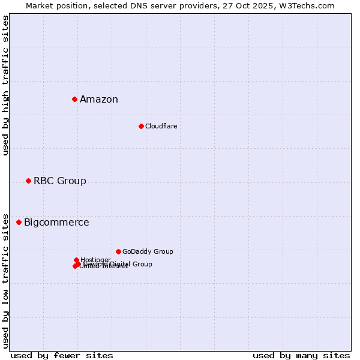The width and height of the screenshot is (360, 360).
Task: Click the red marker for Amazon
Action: [74, 99]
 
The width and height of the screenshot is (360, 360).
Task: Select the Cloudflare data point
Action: [141, 126]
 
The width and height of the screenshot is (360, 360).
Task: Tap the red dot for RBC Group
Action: [28, 181]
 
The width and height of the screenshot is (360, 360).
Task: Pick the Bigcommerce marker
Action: [19, 222]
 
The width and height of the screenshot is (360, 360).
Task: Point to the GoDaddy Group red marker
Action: [118, 251]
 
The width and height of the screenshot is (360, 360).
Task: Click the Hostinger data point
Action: [76, 260]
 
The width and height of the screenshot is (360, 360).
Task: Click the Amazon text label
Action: [99, 100]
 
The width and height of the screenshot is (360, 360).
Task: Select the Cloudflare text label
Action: [161, 126]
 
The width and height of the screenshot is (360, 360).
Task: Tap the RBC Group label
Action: [60, 181]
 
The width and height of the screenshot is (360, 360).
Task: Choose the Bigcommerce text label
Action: [56, 223]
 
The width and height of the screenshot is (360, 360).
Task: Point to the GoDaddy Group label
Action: [148, 252]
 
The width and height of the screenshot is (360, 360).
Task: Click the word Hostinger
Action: [95, 260]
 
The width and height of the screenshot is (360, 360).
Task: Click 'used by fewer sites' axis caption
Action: [62, 355]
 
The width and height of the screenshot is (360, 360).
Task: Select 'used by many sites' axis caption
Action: [301, 355]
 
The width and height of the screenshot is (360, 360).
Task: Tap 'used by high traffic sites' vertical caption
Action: [6, 85]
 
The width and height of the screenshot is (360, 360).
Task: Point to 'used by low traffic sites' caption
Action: [6, 280]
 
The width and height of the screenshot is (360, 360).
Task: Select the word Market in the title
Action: [40, 5]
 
